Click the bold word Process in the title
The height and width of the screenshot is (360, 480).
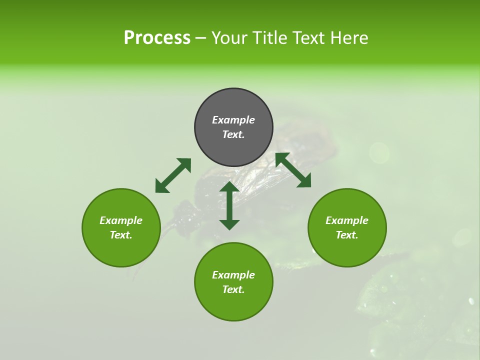coord(157,38)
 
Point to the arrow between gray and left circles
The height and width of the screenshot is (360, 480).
coord(173,175)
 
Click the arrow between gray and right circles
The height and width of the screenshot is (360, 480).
coord(293,170)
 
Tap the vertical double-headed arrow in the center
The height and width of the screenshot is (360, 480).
coord(229,205)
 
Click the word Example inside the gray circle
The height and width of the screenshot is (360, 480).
coord(233,120)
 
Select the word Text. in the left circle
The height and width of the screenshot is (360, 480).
coord(121,235)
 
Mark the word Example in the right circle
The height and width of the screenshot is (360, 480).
coord(347,220)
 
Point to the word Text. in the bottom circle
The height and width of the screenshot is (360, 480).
coord(233,289)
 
